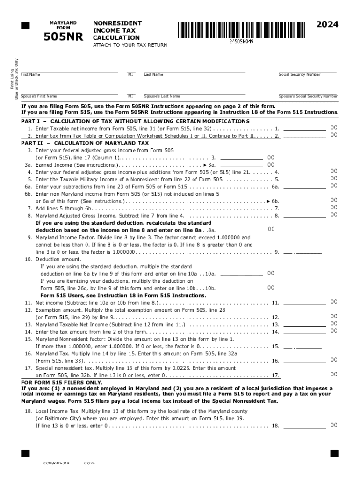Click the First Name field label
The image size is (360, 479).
[x=30, y=75]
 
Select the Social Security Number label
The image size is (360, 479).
[x=299, y=75]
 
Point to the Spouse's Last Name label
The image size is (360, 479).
[x=162, y=96]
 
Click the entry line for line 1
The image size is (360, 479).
[x=304, y=129]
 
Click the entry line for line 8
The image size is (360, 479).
[x=304, y=216]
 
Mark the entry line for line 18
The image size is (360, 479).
[x=304, y=426]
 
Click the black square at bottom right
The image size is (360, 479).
[x=334, y=453]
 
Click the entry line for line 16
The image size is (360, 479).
[x=304, y=361]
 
